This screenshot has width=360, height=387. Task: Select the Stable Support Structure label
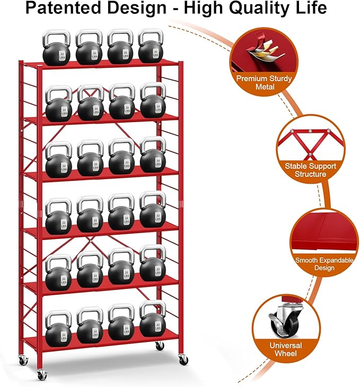tap(310, 170)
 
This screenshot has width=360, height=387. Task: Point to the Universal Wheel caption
tap(286, 349)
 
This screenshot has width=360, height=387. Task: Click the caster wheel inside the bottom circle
tap(280, 324)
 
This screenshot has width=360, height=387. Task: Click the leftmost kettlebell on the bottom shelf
tap(58, 328)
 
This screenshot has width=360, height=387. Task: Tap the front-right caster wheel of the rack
tap(183, 359)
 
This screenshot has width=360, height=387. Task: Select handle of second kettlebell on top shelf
tap(89, 36)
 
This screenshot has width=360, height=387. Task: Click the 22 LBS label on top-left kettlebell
tap(64, 56)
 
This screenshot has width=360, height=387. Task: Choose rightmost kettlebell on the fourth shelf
tap(153, 212)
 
